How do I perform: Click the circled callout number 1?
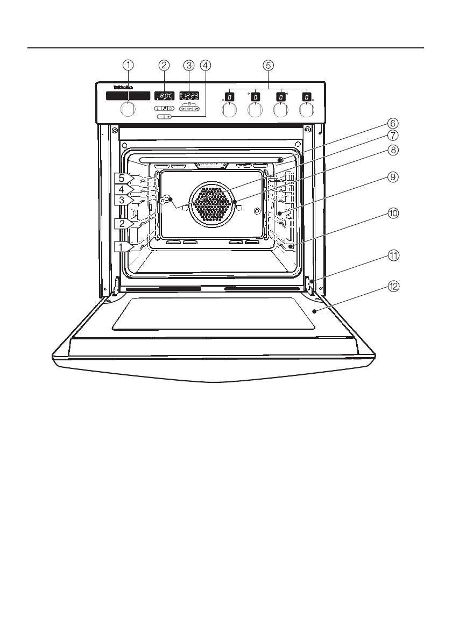tap(128, 65)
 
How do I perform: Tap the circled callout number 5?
tap(268, 65)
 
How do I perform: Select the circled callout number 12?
tap(394, 287)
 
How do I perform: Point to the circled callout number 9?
tap(394, 177)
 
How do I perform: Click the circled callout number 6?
tap(394, 123)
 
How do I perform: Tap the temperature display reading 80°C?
tap(164, 96)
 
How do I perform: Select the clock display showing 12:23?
tap(188, 96)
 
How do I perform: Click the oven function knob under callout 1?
tap(128, 109)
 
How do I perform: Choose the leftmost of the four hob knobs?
tap(229, 110)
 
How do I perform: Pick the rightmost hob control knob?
tap(306, 110)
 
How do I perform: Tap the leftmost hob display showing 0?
tap(229, 97)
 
